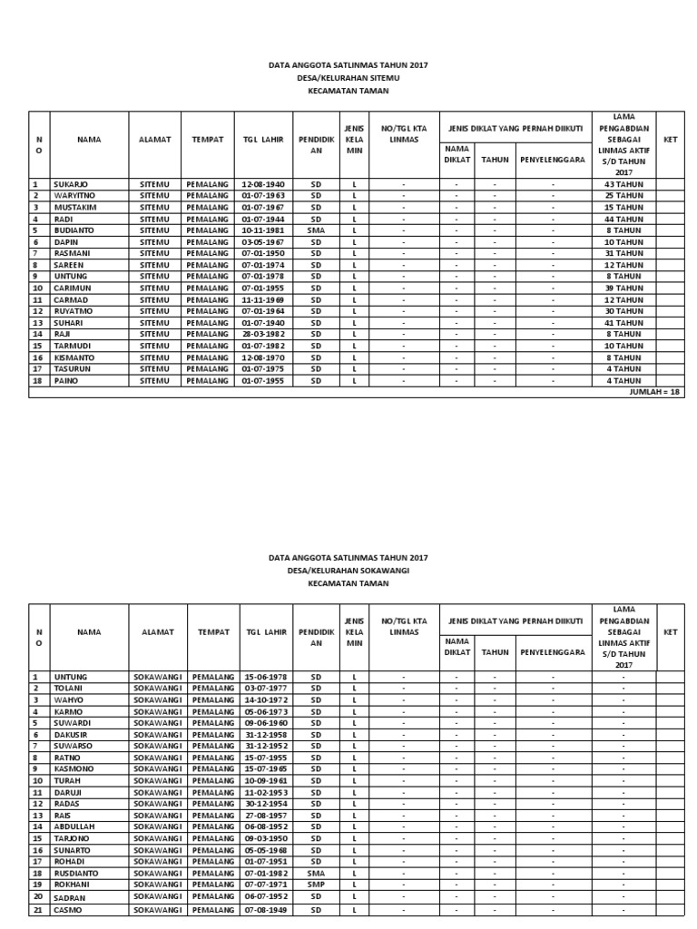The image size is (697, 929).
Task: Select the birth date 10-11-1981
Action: pos(263,230)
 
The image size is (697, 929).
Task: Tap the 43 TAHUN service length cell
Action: pos(623,184)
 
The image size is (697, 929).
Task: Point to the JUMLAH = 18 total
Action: pos(656,392)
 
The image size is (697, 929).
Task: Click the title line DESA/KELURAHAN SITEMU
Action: pos(348,78)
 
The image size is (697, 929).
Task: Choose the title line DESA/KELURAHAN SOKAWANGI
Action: pos(348,571)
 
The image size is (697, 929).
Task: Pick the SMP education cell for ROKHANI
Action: pos(316,884)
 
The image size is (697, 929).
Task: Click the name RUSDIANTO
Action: pos(77,872)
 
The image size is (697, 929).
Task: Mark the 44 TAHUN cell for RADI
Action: pos(623,219)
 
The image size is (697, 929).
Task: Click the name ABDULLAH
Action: pos(75,826)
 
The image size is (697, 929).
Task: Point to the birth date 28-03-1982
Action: pos(263,334)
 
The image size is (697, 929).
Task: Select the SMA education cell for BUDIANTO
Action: pos(316,230)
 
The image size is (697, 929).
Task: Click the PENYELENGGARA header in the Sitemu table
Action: pos(553,160)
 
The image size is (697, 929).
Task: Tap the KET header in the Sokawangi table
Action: pos(671,632)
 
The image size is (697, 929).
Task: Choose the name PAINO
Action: pos(66,381)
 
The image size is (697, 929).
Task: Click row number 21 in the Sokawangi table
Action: pos(38,909)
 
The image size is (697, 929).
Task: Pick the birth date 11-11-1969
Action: pos(263,299)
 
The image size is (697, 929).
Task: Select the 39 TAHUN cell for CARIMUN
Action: pos(623,288)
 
